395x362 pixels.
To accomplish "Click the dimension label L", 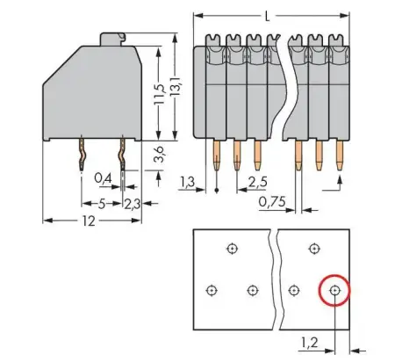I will tap(266, 15).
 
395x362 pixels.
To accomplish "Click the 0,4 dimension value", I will tap(102, 179).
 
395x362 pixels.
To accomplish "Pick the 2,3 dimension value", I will tap(131, 204).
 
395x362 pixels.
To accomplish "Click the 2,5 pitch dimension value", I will tap(257, 183).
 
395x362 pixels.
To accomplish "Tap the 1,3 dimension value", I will tap(186, 183).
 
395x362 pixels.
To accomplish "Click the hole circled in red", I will tap(334, 289).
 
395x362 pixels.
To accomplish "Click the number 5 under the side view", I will tap(102, 204).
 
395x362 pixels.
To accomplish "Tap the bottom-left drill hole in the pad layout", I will tap(211, 290).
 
